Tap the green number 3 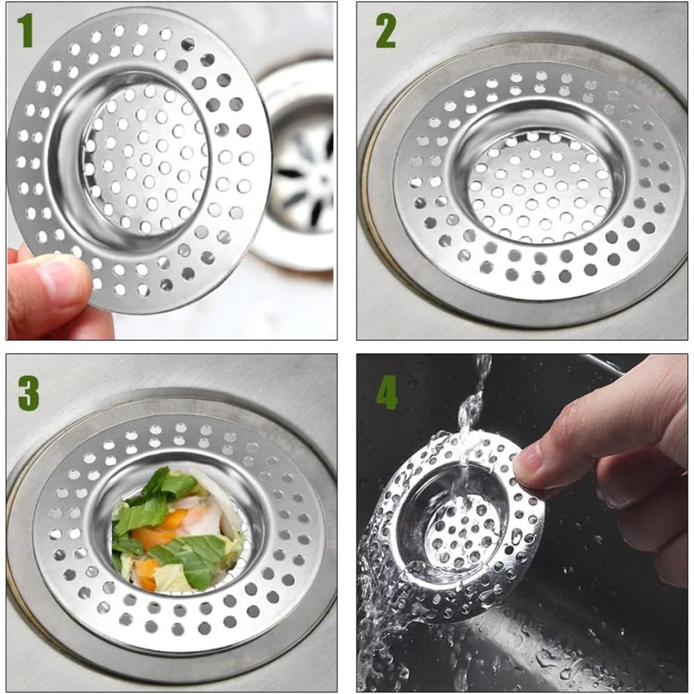click(x=28, y=393)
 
